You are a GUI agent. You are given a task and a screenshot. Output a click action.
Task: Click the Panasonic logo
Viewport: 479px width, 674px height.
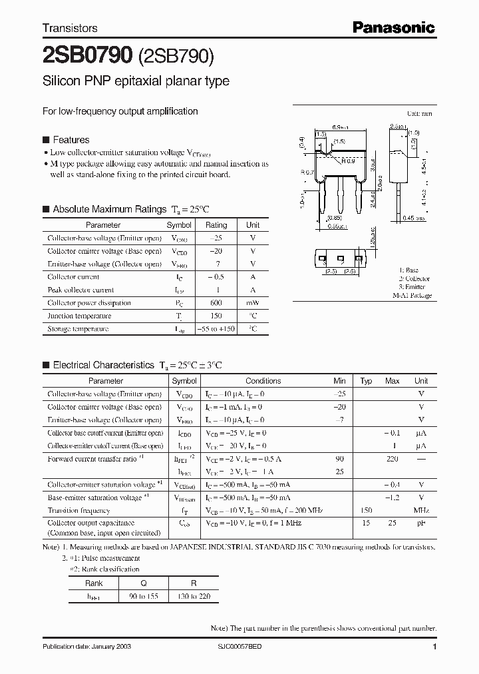tap(393, 27)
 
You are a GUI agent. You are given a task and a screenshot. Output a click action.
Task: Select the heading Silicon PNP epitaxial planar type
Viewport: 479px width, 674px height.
tap(136, 81)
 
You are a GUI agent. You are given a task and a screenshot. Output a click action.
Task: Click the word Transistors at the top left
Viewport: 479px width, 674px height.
tap(70, 28)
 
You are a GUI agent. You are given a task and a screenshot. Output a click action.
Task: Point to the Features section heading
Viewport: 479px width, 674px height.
tap(71, 140)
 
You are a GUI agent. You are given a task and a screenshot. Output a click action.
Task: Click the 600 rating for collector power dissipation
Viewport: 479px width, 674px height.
tap(216, 303)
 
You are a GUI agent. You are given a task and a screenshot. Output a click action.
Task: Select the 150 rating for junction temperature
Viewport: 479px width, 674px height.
tap(216, 316)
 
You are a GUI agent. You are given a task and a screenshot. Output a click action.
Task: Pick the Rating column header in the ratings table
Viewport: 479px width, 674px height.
tap(216, 225)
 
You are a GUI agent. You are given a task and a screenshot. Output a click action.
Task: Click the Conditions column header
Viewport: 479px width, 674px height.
tap(263, 381)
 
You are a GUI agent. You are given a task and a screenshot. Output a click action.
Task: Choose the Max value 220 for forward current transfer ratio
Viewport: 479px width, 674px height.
tap(392, 459)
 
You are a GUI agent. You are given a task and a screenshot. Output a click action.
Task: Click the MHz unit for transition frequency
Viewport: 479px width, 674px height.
tap(420, 511)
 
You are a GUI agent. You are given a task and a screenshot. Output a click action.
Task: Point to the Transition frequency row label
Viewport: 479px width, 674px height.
tap(79, 511)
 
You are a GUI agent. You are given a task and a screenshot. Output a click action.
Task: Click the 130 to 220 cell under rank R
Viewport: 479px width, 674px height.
tap(194, 596)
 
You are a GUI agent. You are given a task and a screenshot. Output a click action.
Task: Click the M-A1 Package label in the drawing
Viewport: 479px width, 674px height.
tap(411, 295)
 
